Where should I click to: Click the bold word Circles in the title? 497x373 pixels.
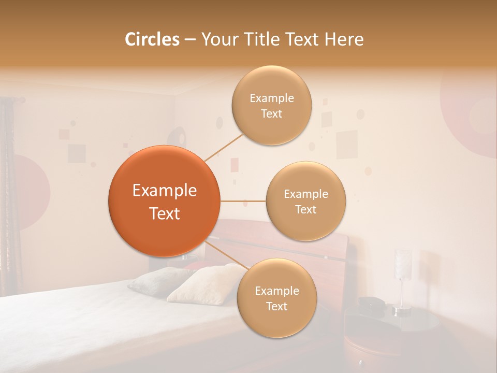[x=152, y=39]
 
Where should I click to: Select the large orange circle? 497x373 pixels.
[x=165, y=201]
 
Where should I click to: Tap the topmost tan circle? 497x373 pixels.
[x=272, y=105]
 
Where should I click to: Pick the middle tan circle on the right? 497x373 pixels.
[x=306, y=201]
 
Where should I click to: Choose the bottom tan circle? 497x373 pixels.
[x=277, y=298]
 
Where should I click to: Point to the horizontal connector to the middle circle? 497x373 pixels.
[x=243, y=201]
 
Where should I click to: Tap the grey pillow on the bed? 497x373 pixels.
[x=155, y=280]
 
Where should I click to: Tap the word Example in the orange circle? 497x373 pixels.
[x=165, y=191]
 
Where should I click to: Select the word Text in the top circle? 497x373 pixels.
[x=272, y=113]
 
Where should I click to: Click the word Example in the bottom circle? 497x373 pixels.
[x=277, y=291]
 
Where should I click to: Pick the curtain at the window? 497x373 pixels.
[x=7, y=197]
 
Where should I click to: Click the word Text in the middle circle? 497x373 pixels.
[x=306, y=209]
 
